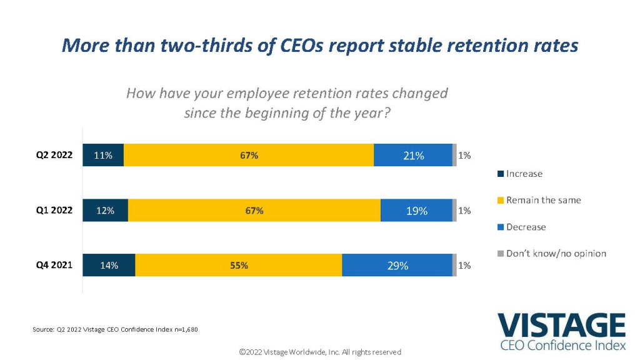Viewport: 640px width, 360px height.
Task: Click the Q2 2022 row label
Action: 54,156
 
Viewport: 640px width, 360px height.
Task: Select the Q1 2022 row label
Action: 54,211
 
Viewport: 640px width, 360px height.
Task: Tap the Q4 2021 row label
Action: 54,265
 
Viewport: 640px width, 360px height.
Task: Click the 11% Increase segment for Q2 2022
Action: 103,156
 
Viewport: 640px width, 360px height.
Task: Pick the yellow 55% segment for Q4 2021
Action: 239,265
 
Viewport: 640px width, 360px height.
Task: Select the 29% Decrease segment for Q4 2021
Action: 397,265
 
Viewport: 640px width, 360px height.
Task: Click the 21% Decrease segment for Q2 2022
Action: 413,156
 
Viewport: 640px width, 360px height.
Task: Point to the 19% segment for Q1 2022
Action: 416,211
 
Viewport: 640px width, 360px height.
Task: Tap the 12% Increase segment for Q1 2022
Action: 106,211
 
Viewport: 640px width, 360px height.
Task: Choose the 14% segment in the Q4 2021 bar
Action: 109,265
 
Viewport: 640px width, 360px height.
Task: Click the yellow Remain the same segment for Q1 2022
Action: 254,211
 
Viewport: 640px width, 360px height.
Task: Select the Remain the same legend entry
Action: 539,200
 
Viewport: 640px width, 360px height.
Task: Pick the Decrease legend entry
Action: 522,227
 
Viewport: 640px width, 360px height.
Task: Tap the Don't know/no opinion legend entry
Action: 552,253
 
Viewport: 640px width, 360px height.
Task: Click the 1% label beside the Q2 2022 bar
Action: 464,156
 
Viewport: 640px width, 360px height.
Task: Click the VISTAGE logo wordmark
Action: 561,326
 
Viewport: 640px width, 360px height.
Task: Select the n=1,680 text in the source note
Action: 182,329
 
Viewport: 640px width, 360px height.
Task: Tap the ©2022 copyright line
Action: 320,352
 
